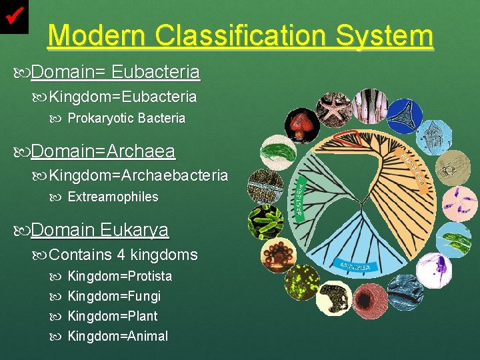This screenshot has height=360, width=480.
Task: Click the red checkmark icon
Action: [15, 14]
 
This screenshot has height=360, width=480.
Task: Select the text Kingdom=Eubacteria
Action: [123, 97]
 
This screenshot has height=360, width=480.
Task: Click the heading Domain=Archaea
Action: [103, 152]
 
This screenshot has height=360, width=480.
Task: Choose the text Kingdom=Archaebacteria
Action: [138, 176]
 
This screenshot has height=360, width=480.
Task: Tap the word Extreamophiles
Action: [113, 197]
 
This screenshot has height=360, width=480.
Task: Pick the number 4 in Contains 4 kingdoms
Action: [121, 255]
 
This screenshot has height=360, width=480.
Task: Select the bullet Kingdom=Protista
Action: [120, 276]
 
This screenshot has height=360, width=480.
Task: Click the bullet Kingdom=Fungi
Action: [114, 296]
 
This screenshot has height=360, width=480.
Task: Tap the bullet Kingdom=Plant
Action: [113, 316]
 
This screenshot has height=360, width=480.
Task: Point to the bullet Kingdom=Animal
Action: [118, 336]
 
